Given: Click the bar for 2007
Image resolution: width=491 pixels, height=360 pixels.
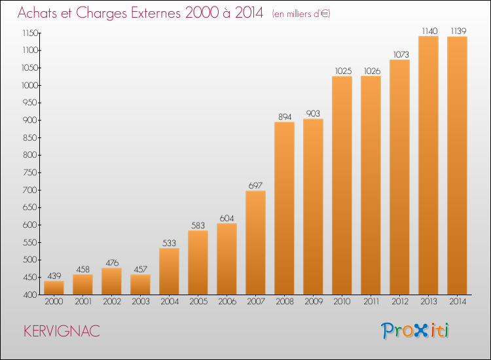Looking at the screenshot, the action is click(x=255, y=243).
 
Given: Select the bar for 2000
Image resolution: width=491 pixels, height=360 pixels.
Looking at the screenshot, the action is click(x=54, y=288).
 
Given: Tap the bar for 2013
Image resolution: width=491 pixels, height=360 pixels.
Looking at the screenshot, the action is click(x=428, y=166).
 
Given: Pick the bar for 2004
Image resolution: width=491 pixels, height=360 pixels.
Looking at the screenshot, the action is click(x=169, y=272).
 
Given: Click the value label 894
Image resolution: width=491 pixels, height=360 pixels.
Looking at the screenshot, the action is click(x=285, y=117).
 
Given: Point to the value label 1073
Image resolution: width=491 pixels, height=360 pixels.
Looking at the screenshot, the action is click(x=401, y=54).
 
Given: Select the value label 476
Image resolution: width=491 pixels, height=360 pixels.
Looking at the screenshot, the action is click(x=112, y=262).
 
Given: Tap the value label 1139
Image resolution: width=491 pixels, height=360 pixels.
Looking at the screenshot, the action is click(x=458, y=31).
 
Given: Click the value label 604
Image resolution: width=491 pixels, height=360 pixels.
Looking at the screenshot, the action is click(x=227, y=218).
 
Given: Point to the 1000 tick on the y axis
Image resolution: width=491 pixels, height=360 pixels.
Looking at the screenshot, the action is click(x=29, y=85).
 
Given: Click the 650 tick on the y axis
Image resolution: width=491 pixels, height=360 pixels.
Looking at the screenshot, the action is click(x=30, y=207).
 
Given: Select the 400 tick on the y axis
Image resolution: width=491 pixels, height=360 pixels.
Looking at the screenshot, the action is click(x=30, y=295).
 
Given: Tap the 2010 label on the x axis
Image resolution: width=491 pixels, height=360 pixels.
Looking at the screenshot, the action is click(x=342, y=302).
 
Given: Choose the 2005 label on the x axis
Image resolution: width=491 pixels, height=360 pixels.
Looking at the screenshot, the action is click(x=198, y=302).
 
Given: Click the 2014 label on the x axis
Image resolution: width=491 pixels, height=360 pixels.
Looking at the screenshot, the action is click(x=458, y=302).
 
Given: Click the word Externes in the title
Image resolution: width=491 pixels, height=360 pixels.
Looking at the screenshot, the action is click(x=156, y=12).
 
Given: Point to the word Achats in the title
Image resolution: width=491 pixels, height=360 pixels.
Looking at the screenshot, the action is click(x=37, y=12).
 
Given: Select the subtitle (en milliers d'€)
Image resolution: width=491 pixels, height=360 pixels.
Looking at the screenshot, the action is click(x=301, y=14).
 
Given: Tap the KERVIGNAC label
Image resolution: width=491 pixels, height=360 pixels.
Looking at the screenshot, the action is click(x=62, y=331).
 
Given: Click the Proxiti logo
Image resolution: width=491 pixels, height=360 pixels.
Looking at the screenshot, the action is click(x=415, y=331).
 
